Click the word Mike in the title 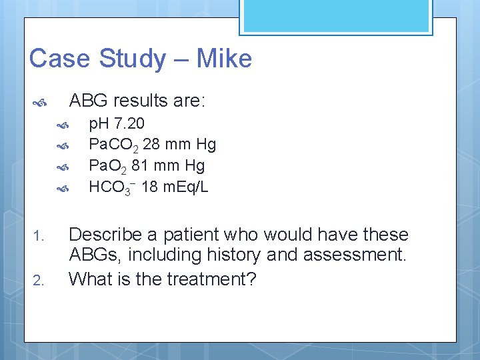[x=225, y=59]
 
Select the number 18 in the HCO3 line [x=149, y=187]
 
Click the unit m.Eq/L [x=185, y=187]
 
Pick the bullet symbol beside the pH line [x=63, y=125]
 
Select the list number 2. [x=38, y=280]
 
